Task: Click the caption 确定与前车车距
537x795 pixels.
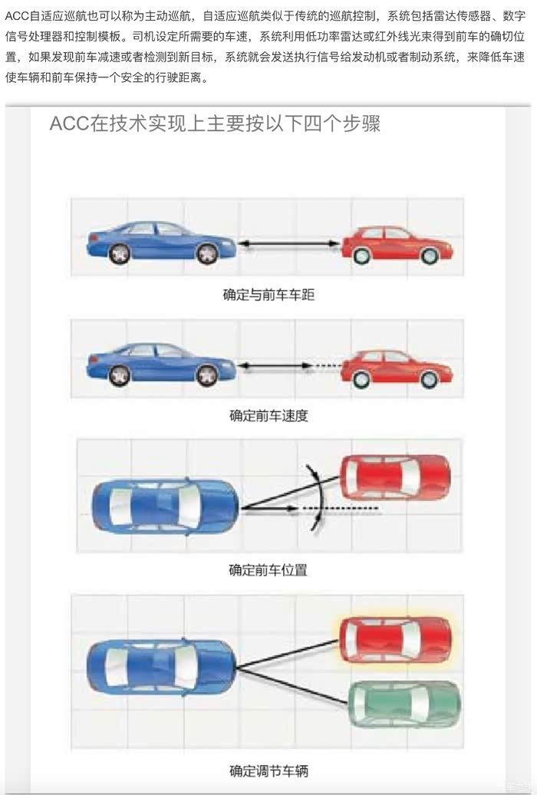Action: pos(268,295)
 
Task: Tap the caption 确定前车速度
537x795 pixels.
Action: pos(268,416)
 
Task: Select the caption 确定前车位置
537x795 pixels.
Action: pos(268,570)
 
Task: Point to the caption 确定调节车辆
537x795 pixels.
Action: pos(268,771)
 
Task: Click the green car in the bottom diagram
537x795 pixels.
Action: pos(404,704)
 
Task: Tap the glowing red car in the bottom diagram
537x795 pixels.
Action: pos(394,640)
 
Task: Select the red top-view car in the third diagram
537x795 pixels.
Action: pos(394,477)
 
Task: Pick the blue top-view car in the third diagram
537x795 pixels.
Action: pos(165,506)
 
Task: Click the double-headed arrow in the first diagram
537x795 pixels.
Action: pos(289,244)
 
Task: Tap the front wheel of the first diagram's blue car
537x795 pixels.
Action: pos(207,253)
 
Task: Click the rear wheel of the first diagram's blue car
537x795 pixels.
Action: pos(120,253)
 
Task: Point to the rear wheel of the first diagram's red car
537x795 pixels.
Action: pos(361,256)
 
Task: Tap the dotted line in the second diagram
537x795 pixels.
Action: pos(327,365)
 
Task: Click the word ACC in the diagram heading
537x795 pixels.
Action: pos(70,124)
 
